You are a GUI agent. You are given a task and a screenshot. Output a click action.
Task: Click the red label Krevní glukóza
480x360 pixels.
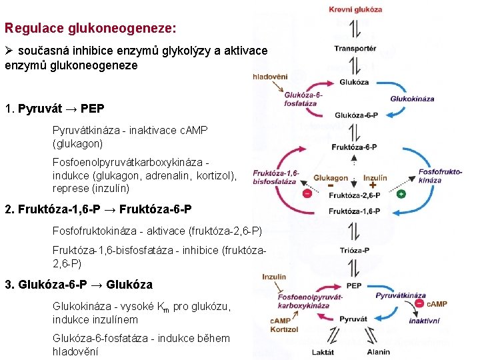[355, 9]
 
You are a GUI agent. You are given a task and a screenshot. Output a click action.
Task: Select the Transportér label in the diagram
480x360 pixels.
[355, 48]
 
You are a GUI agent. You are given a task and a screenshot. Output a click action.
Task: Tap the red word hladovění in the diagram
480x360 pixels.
[270, 77]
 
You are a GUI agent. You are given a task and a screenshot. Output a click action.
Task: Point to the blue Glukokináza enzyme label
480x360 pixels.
[412, 99]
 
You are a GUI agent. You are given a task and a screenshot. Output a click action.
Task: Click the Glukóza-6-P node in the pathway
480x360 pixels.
[355, 115]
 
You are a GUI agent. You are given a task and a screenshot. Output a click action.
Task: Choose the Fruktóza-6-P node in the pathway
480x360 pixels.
[354, 147]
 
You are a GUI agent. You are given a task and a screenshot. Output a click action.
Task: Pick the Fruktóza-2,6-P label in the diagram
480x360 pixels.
[355, 195]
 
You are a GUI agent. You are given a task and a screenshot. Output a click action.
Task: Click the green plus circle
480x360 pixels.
[401, 194]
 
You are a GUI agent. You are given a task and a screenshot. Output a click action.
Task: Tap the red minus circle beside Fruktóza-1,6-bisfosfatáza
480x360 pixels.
[307, 194]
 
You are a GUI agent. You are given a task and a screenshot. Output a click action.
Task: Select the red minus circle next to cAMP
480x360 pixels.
[419, 304]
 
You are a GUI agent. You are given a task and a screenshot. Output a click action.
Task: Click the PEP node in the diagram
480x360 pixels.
[355, 285]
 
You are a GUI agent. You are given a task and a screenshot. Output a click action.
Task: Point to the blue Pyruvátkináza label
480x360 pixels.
[400, 295]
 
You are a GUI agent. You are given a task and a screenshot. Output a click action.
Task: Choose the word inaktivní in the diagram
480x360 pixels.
[424, 321]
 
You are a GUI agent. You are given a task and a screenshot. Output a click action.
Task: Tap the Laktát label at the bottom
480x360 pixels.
[323, 351]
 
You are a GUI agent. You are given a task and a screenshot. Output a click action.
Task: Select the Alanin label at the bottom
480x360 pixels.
[379, 351]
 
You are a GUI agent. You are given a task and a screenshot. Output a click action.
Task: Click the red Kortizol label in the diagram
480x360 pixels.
[285, 329]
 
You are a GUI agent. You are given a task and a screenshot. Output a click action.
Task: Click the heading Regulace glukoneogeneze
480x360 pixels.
[91, 29]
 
